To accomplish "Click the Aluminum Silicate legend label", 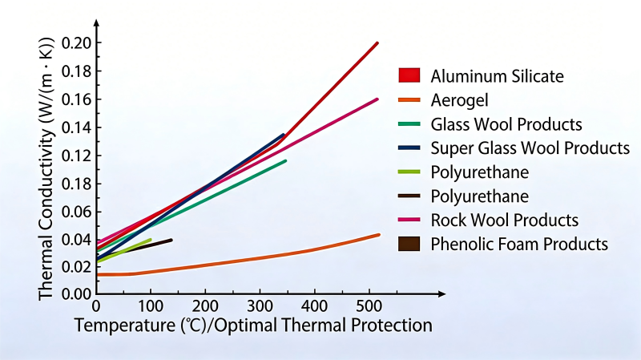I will (497, 76).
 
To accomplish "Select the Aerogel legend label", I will (459, 100).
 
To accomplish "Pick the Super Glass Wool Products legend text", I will (530, 148).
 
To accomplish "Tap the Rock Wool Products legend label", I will (504, 220).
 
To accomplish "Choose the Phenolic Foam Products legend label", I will (519, 244).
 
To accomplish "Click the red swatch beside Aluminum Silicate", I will (409, 76).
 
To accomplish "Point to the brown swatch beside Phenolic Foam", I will (409, 244).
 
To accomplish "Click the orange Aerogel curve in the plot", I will (240, 259).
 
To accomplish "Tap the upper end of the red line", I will (377, 42).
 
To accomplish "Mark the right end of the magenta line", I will (377, 99).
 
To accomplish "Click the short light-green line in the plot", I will (128, 249).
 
